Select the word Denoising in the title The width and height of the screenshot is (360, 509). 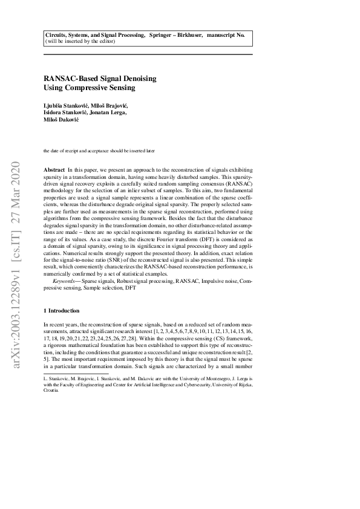point(139,79)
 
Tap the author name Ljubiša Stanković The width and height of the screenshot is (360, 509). point(66,105)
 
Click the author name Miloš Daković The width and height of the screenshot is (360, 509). point(59,120)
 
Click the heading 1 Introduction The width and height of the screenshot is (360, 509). point(62,310)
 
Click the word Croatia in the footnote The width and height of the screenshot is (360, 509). point(51,391)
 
